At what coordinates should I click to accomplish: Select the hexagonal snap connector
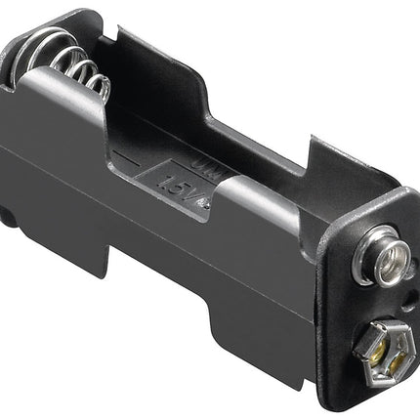[x=382, y=344]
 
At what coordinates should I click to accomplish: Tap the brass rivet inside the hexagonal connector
[x=383, y=345]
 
